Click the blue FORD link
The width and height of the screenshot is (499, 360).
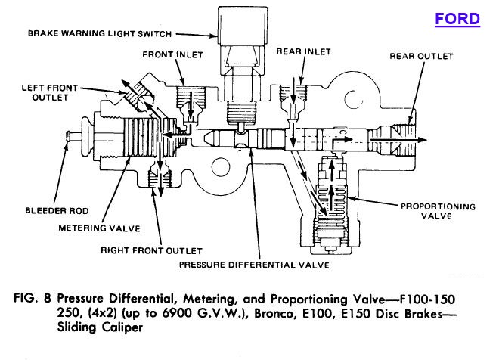(456, 19)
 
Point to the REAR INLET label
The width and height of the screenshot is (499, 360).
(305, 51)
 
